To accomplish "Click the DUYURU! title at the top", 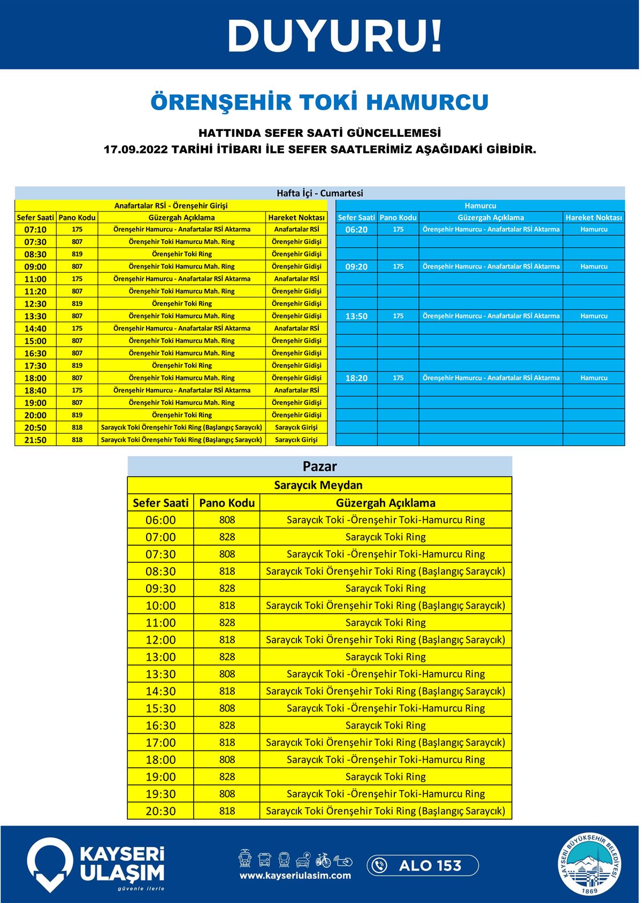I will click(x=335, y=36).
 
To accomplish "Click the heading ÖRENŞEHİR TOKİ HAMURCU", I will click(x=319, y=102).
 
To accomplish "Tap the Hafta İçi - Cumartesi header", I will click(x=319, y=193).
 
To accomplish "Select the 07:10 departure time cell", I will click(x=35, y=229).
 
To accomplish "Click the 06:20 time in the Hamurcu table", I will click(x=356, y=229).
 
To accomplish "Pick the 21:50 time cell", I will click(x=35, y=440).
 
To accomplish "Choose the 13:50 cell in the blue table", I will click(x=356, y=316).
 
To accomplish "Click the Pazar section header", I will click(x=319, y=466).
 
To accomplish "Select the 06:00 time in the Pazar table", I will click(x=160, y=520).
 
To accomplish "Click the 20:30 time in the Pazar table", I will click(x=160, y=811).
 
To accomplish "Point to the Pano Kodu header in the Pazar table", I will click(x=227, y=503).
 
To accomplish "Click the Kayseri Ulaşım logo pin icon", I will click(x=50, y=864).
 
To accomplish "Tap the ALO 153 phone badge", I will click(x=423, y=865).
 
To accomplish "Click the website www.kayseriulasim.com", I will click(x=295, y=876).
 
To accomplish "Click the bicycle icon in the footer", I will click(x=323, y=860).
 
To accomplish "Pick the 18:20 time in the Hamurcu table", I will click(x=356, y=378).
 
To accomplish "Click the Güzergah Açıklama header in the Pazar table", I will click(x=385, y=503).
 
